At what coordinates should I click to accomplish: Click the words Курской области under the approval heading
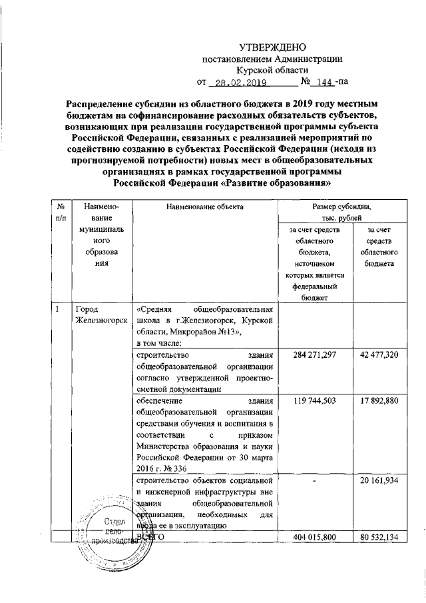pos(272,70)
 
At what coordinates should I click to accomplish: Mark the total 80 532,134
pos(378,536)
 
